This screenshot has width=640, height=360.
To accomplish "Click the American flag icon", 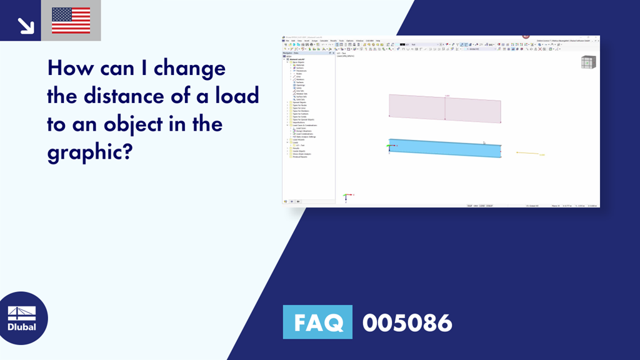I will [x=71, y=21].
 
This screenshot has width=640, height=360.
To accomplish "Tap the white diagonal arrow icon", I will [x=26, y=24].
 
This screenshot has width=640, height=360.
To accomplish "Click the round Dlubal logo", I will [x=22, y=318].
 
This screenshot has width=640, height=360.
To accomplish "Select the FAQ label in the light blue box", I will [x=317, y=322].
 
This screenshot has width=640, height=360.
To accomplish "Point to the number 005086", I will [x=407, y=322].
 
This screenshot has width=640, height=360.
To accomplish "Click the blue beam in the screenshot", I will [x=444, y=148].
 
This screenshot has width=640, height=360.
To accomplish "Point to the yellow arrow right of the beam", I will [x=528, y=153].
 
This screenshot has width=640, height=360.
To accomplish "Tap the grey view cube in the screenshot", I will [x=588, y=62].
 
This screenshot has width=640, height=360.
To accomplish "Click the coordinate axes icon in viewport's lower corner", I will [x=347, y=197].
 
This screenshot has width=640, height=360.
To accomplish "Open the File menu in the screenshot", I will [x=287, y=41].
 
